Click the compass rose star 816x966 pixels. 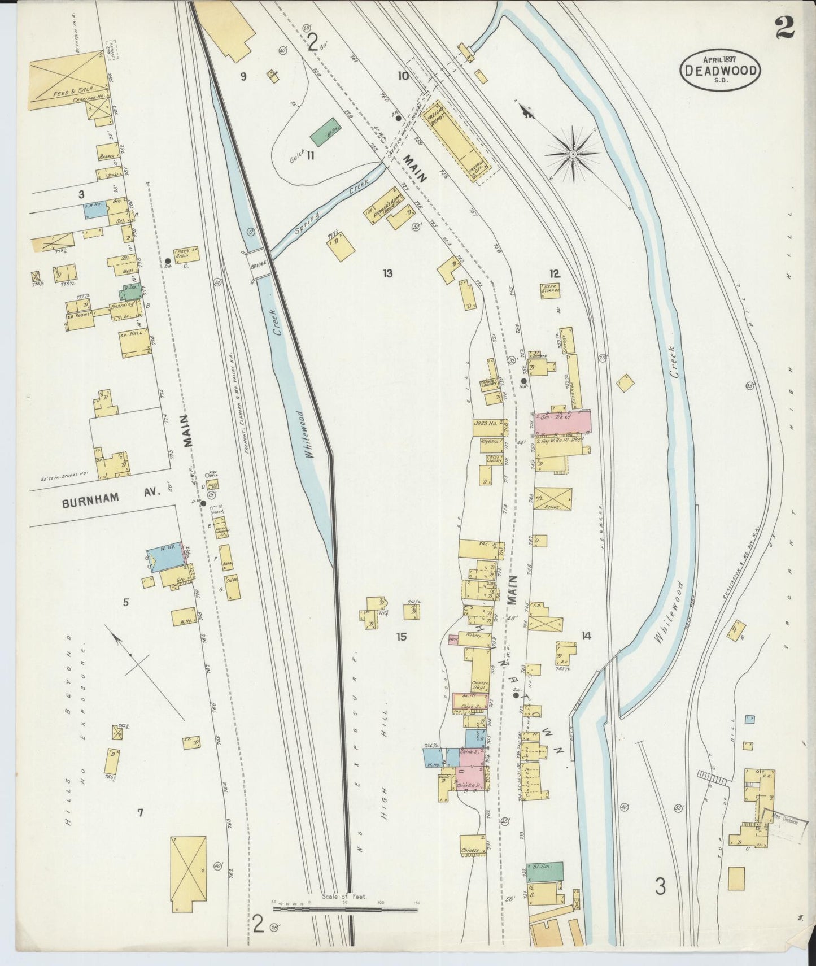coord(573,153)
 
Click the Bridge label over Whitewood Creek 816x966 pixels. coord(259,263)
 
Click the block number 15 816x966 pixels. coord(402,637)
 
